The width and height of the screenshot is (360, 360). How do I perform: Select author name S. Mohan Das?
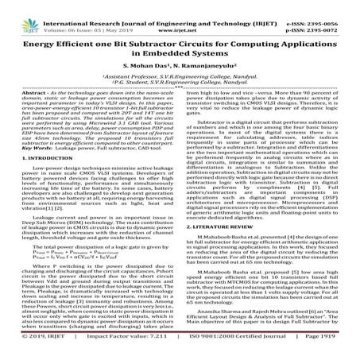149,61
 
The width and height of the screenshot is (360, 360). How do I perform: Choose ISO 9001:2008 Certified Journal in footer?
230,352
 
